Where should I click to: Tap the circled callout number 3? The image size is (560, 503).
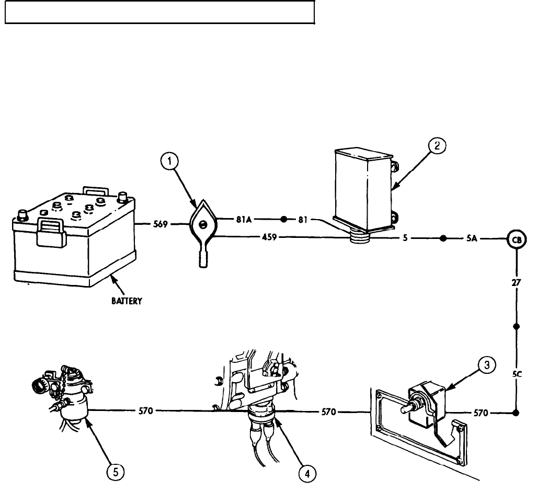[487, 366]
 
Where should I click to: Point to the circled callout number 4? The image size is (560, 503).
[307, 474]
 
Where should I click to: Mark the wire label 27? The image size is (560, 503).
[517, 283]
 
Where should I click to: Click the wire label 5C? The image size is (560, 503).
[517, 374]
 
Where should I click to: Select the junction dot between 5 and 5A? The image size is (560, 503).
[442, 239]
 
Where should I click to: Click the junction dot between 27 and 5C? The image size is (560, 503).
[517, 327]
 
